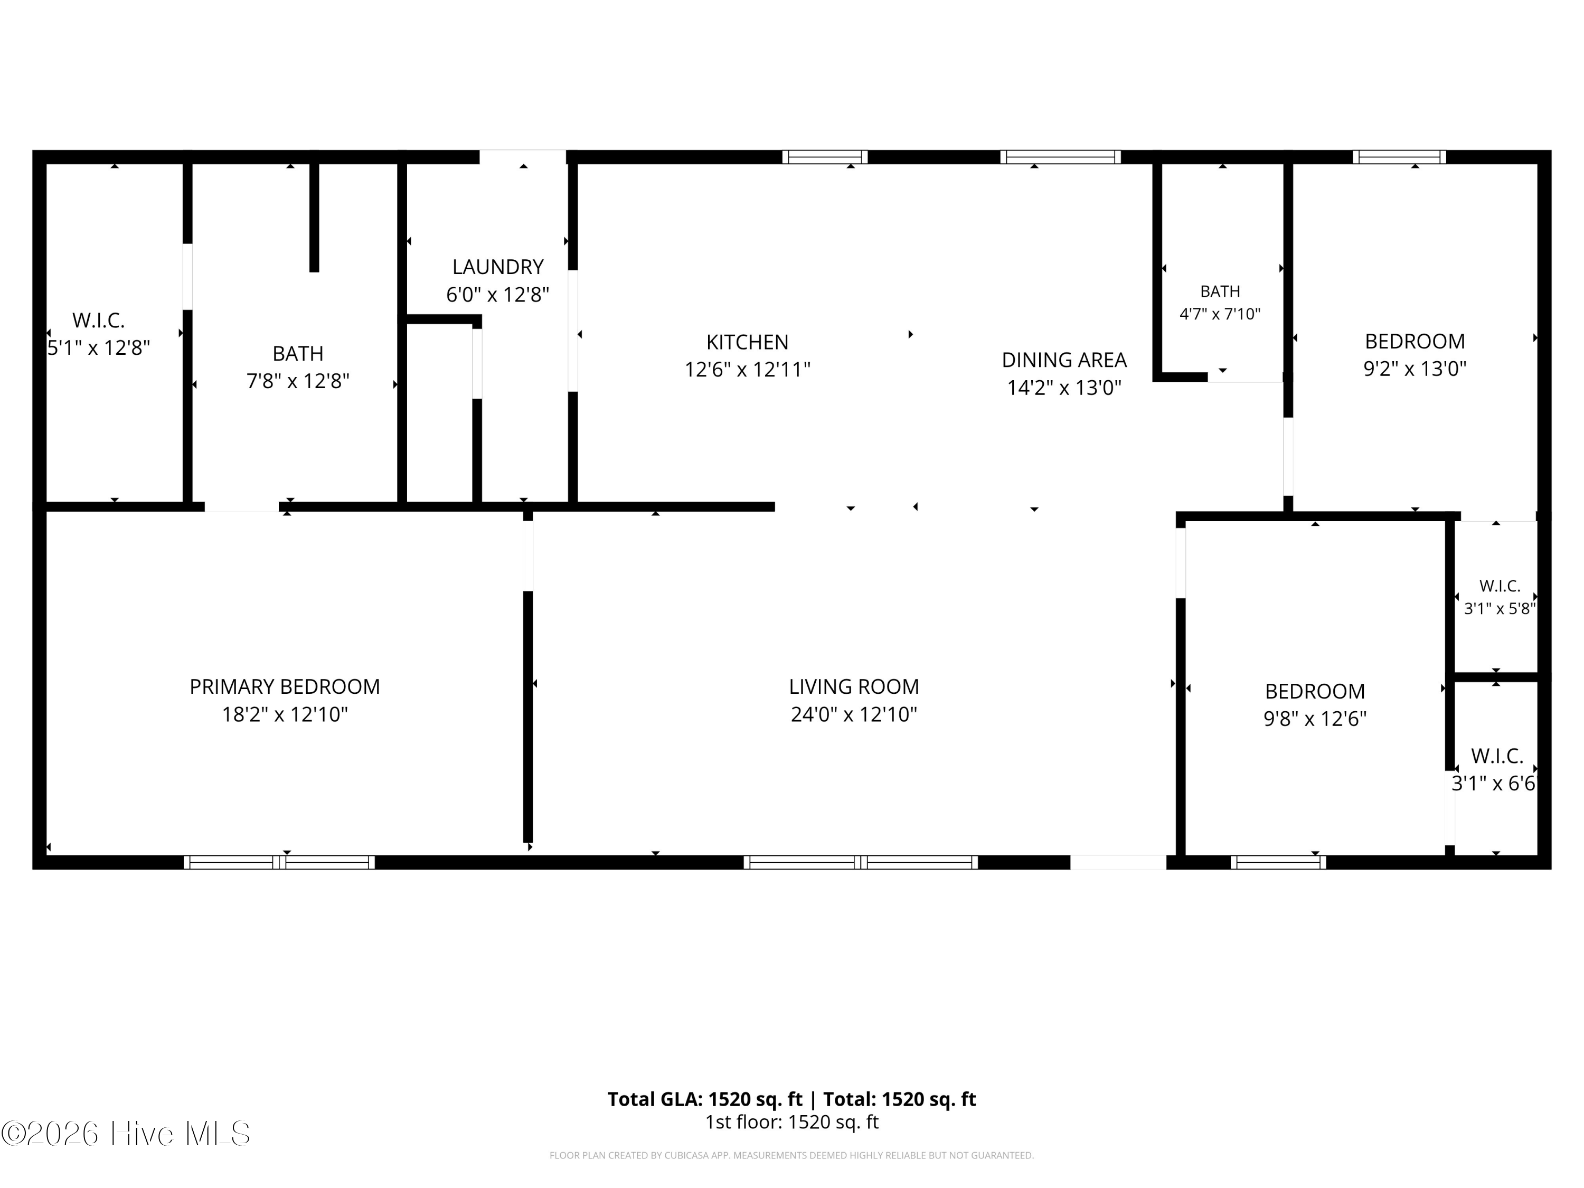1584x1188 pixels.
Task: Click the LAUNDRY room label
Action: tap(498, 267)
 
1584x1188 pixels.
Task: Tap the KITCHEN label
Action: tap(747, 342)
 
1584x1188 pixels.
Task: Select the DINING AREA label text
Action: tap(1064, 360)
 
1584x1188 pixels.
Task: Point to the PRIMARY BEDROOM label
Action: tap(284, 687)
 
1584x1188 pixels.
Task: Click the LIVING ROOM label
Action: tap(854, 687)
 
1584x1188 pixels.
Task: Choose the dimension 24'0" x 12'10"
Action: tap(854, 715)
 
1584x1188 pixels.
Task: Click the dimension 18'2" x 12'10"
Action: tap(284, 715)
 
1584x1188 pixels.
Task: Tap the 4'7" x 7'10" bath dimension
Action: tap(1220, 314)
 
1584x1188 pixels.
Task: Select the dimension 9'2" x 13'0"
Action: tap(1415, 369)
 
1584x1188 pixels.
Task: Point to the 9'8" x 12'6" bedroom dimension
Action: tap(1315, 719)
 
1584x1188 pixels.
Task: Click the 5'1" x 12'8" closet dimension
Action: tap(98, 348)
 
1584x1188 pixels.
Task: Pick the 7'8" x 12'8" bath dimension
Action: tap(298, 381)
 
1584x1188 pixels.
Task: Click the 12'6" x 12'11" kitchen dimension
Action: tap(747, 370)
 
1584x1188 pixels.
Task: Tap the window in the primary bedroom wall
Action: tap(279, 862)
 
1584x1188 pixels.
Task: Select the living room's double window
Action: tap(860, 862)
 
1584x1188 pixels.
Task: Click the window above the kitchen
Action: tap(824, 157)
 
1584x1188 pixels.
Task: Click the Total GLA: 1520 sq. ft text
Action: tap(705, 1099)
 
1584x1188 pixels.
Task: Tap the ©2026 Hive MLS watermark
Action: tap(126, 1134)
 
